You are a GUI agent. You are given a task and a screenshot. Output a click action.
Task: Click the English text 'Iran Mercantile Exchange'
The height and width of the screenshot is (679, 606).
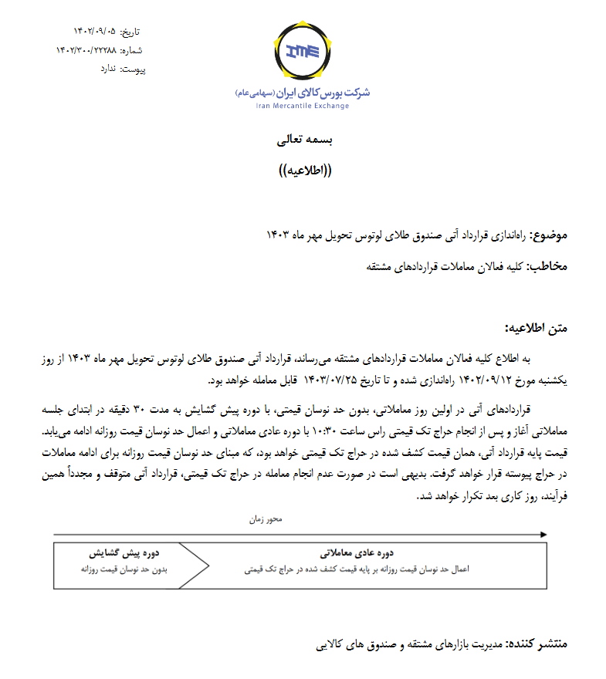(x=303, y=106)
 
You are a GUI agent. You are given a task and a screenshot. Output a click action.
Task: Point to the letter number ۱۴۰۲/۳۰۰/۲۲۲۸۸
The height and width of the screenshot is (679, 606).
(x=86, y=50)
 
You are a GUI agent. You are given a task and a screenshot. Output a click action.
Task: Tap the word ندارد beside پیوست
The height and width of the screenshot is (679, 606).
(x=107, y=69)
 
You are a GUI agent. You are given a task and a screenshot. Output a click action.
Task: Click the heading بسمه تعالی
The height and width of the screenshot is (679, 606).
(x=303, y=140)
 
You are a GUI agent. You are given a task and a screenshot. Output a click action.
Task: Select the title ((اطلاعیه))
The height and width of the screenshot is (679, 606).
(x=303, y=171)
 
